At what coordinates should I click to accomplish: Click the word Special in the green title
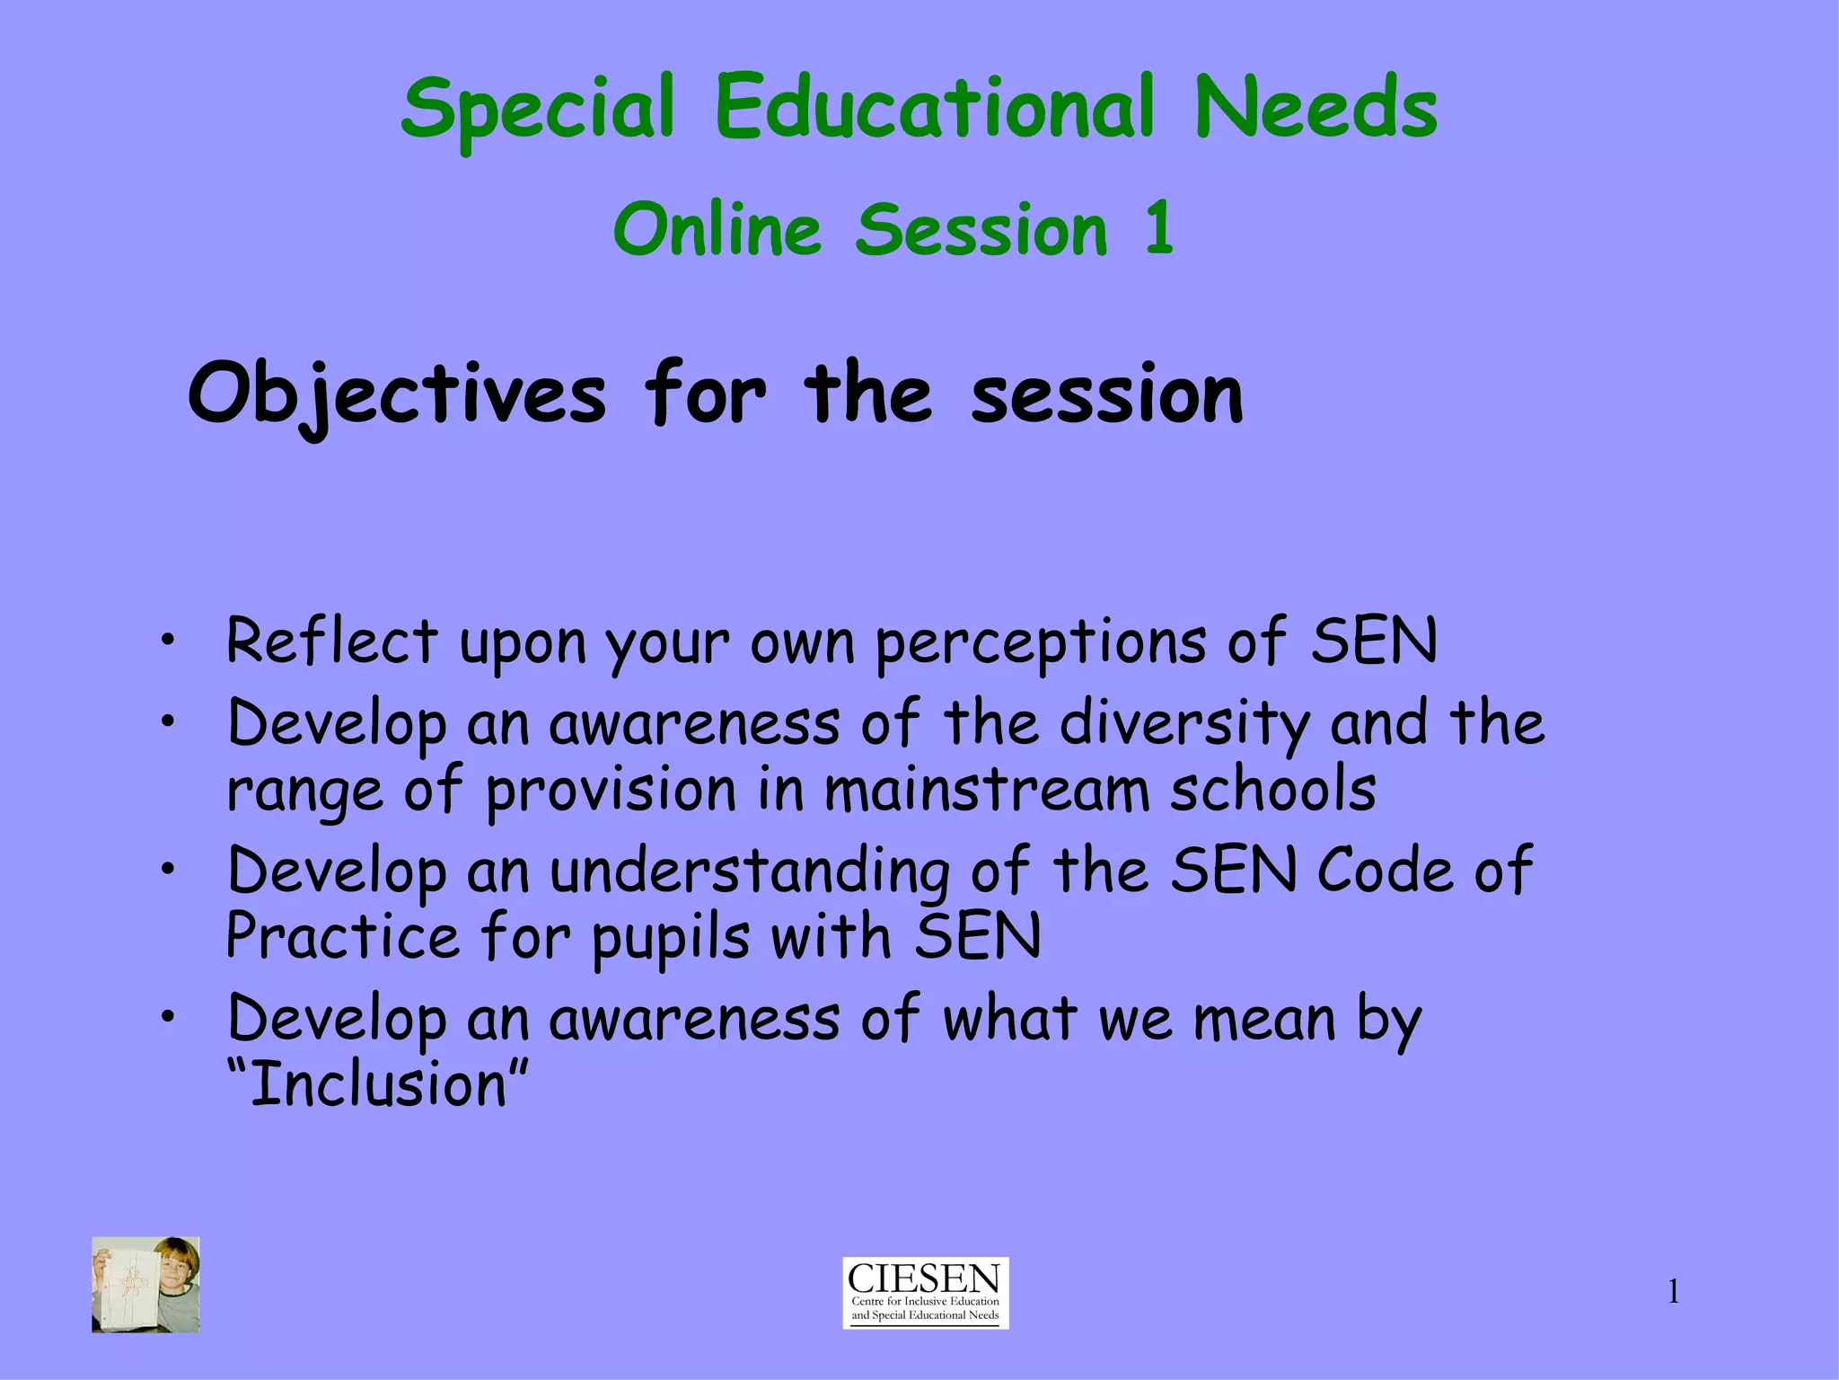(537, 110)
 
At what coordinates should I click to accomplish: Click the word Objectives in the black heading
(397, 395)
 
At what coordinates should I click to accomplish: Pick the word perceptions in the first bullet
(1041, 643)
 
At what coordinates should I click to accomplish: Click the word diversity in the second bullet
(1184, 723)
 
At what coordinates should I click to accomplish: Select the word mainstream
(987, 790)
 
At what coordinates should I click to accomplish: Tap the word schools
(1272, 790)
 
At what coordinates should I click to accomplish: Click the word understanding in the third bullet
(749, 872)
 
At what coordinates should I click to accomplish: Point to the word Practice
(343, 936)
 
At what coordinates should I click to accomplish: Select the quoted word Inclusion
(378, 1084)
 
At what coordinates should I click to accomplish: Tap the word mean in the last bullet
(1264, 1020)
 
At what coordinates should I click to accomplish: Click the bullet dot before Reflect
(166, 641)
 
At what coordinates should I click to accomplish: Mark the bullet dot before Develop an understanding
(166, 870)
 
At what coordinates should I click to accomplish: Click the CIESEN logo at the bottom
(925, 1292)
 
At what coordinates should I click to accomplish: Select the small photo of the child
(145, 1284)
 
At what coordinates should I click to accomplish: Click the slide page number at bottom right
(1673, 1292)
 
